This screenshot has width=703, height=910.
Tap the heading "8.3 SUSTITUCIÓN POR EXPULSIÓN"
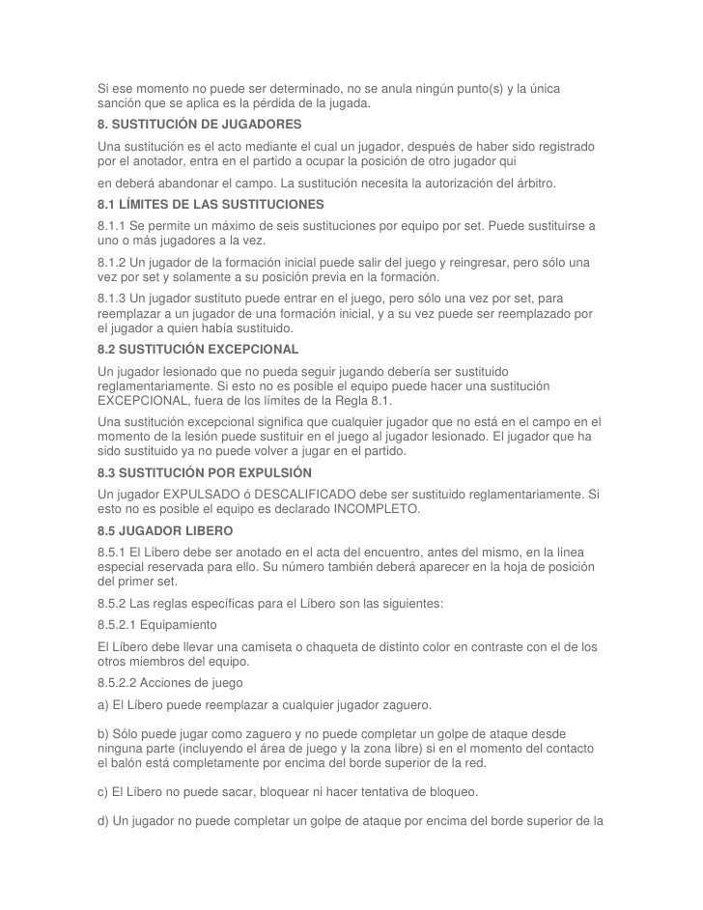204,473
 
